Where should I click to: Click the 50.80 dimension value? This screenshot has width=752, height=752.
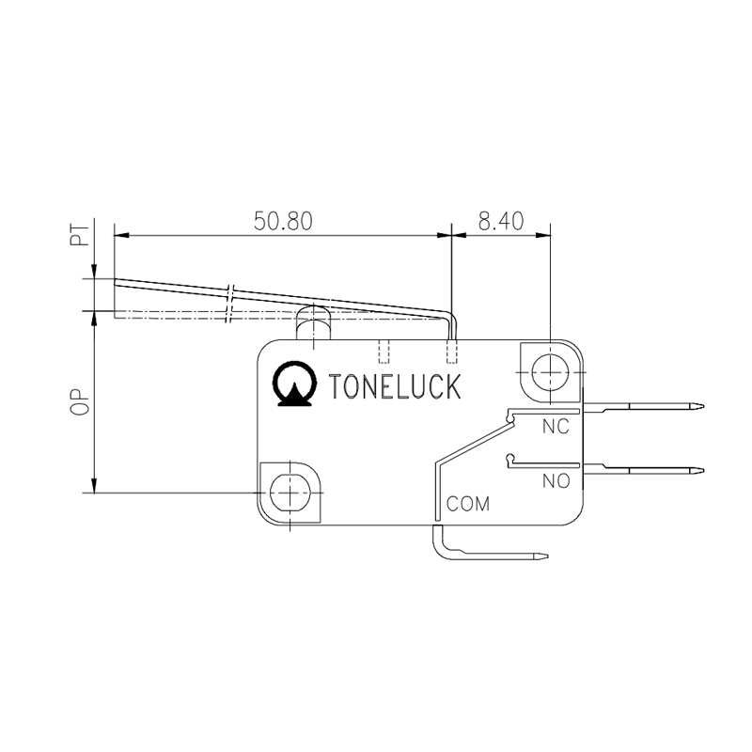[x=283, y=221]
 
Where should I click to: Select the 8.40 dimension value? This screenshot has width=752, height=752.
[x=500, y=221]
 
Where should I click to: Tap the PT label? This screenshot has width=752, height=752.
[x=82, y=235]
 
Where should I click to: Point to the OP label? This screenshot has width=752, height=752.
[x=82, y=401]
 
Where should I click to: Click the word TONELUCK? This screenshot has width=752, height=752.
[x=396, y=386]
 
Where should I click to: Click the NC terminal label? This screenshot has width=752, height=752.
[x=556, y=427]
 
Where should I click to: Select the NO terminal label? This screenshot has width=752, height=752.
[x=556, y=481]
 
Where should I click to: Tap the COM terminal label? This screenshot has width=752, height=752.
[x=468, y=504]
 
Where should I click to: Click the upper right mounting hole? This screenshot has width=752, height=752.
[x=547, y=373]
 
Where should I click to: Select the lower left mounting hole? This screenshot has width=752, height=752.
[x=290, y=492]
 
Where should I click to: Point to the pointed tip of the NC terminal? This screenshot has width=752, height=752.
[x=700, y=407]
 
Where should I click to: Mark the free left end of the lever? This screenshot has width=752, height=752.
[x=116, y=280]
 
